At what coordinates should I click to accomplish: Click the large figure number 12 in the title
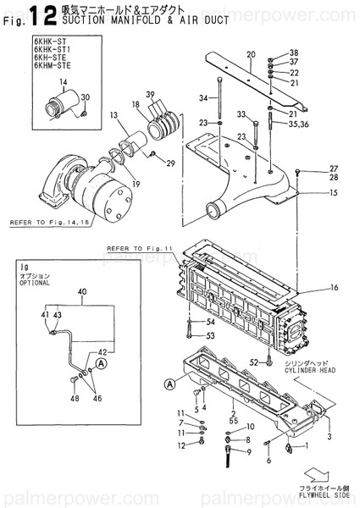pyautogui.click(x=36, y=14)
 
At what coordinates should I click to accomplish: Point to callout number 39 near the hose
pyautogui.click(x=150, y=93)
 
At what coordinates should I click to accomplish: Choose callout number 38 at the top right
pyautogui.click(x=294, y=52)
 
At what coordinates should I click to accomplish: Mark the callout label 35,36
pyautogui.click(x=299, y=123)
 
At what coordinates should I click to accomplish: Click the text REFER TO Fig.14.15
pyautogui.click(x=42, y=223)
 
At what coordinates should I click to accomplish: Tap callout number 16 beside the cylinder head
pyautogui.click(x=335, y=289)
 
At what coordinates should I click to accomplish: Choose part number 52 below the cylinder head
pyautogui.click(x=252, y=362)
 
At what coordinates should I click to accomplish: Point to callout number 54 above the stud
pyautogui.click(x=210, y=323)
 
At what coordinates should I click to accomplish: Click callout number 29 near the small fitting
pyautogui.click(x=170, y=163)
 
